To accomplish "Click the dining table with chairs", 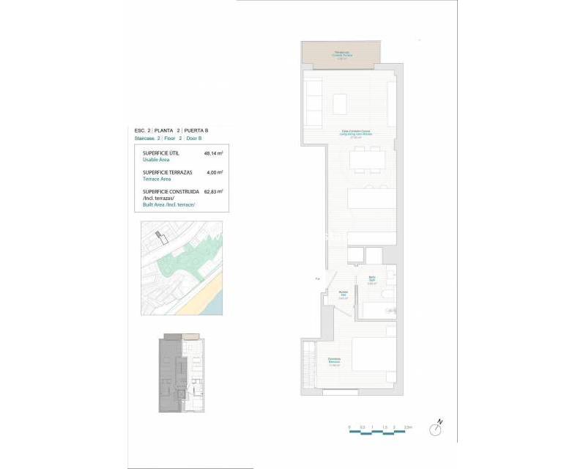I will pyautogui.click(x=366, y=159).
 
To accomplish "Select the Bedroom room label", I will pyautogui.click(x=335, y=360).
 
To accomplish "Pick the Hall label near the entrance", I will pyautogui.click(x=343, y=295).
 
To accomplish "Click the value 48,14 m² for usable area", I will pyautogui.click(x=213, y=153).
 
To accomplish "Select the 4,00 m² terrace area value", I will pyautogui.click(x=215, y=172).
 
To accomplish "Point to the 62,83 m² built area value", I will pyautogui.click(x=213, y=191).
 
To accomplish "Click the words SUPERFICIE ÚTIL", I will pyautogui.click(x=160, y=153).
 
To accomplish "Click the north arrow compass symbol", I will pyautogui.click(x=437, y=427).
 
